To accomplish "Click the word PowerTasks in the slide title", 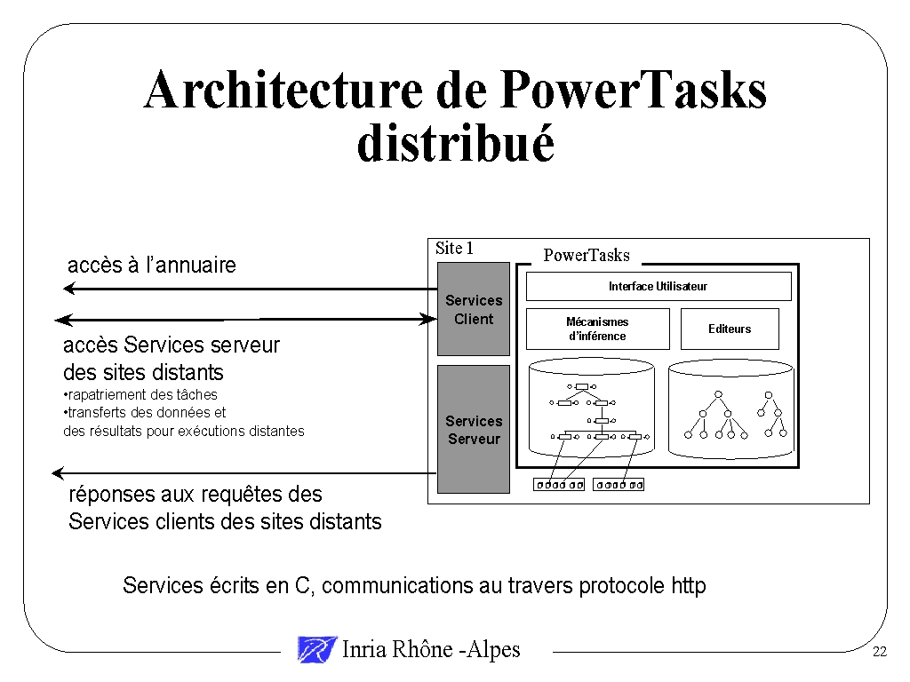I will click(x=633, y=91).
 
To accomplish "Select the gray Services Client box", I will click(x=474, y=310).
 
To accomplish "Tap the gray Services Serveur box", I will click(x=474, y=430).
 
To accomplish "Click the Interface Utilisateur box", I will click(x=658, y=287).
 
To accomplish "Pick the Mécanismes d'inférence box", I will click(x=597, y=329).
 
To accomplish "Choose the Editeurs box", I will click(x=730, y=329).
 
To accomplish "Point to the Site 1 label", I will click(x=454, y=249).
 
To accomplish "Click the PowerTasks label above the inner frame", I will click(x=587, y=256).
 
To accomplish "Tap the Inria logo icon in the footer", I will click(x=317, y=650).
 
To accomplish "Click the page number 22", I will click(x=880, y=653).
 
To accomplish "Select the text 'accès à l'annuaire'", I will click(x=152, y=265).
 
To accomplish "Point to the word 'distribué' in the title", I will click(x=455, y=145).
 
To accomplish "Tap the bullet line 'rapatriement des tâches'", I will click(x=142, y=394).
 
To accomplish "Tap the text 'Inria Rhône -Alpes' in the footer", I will click(x=431, y=650).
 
